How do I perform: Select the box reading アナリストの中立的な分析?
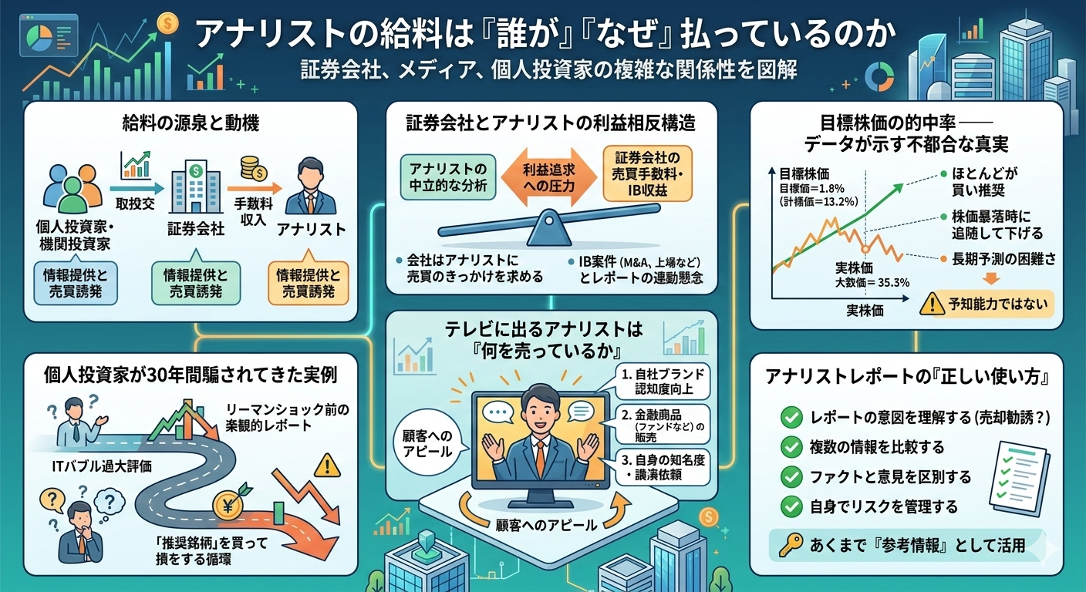coord(448,177)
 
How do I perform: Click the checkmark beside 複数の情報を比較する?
coord(791,446)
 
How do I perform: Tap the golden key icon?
coord(788,545)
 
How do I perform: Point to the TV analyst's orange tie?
coord(540,451)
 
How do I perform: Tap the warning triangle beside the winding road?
coord(327,466)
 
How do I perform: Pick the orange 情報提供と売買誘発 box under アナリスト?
coord(307,284)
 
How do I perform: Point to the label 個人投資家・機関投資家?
coord(75,236)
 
